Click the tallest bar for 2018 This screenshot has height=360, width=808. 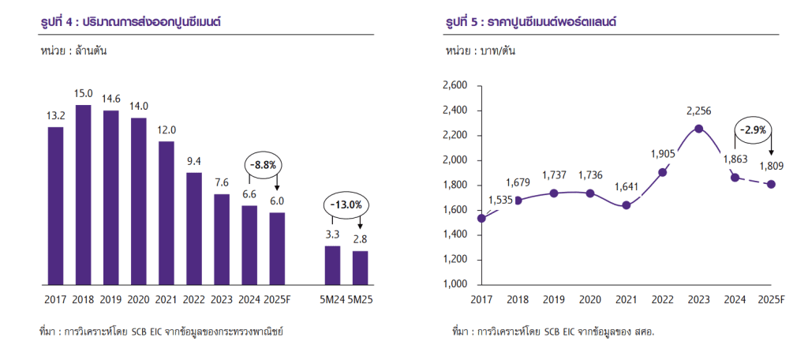(x=83, y=193)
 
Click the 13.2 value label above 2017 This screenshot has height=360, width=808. (x=55, y=117)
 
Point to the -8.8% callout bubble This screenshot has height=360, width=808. (x=262, y=165)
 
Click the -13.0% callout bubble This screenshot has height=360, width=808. (x=346, y=205)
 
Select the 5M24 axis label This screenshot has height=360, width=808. (x=332, y=299)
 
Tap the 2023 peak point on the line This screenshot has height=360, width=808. (x=699, y=129)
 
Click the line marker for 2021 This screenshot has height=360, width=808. (x=627, y=205)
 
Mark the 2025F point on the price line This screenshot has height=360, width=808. (x=771, y=185)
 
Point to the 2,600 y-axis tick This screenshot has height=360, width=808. (x=455, y=85)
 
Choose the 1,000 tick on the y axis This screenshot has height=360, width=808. (x=455, y=284)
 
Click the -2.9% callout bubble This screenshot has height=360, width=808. (x=754, y=129)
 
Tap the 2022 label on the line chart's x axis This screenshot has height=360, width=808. (x=663, y=299)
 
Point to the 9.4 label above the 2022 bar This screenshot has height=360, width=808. (x=193, y=162)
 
